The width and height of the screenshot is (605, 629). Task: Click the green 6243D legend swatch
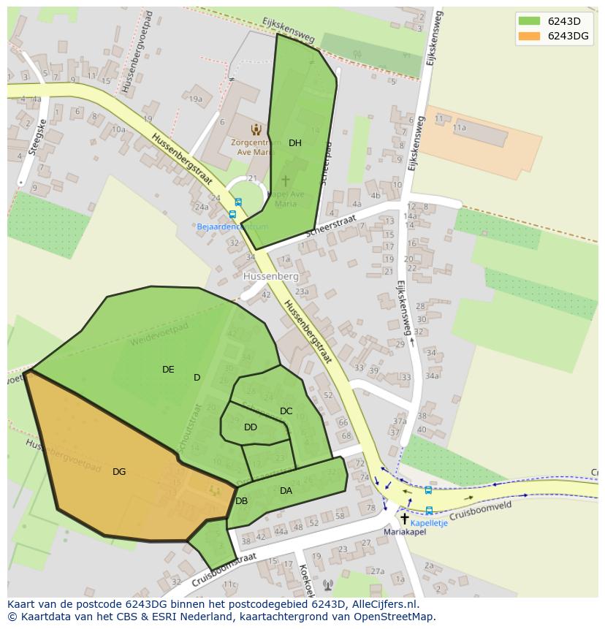529,20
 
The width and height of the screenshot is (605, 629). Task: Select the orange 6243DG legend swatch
529,36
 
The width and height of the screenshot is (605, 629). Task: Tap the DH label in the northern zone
294,143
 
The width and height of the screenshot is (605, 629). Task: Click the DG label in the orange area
119,472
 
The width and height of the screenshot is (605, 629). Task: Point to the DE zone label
168,370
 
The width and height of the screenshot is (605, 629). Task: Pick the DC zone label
286,411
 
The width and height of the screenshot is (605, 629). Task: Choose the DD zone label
251,427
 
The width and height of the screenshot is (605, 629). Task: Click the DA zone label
286,491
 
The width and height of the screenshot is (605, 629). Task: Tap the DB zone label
241,501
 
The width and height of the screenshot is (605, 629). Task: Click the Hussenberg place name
271,277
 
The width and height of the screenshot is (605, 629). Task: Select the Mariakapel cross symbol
404,518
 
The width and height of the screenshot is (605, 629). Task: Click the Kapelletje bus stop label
429,523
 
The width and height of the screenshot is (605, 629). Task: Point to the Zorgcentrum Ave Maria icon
256,129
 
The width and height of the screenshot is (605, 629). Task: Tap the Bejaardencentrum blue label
232,226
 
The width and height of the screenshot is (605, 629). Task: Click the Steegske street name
32,140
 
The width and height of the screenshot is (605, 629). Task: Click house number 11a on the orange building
459,127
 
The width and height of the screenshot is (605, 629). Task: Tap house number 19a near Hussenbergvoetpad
195,99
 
